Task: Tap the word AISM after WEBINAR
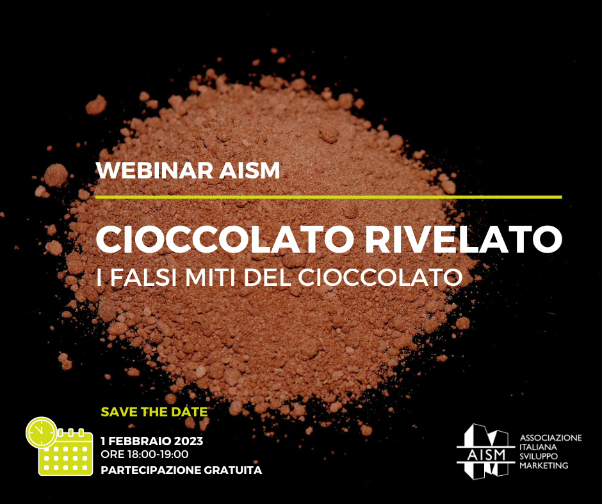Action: [x=250, y=171]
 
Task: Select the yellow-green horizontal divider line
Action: [x=329, y=197]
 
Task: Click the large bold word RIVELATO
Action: [x=464, y=239]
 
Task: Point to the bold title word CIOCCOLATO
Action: [x=225, y=239]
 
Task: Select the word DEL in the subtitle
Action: [x=267, y=278]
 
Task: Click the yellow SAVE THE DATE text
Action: [x=154, y=412]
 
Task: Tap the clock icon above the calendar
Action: [x=41, y=432]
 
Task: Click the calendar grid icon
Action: [x=66, y=453]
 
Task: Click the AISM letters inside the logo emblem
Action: [x=487, y=455]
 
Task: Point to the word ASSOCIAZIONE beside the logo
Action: [x=551, y=438]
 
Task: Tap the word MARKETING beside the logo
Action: [x=544, y=466]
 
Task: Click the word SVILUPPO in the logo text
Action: [x=538, y=457]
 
